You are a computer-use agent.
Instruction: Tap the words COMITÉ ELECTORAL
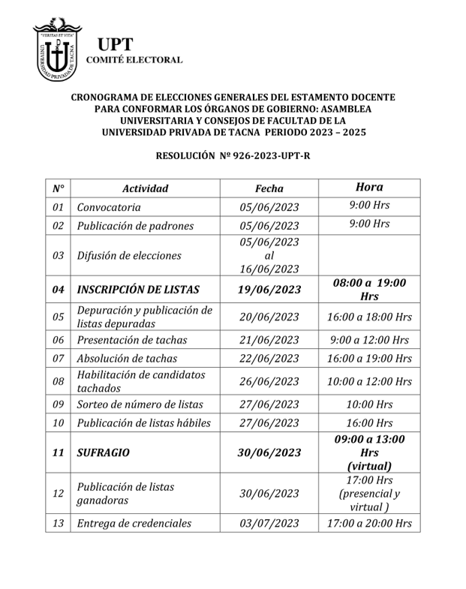coord(135,59)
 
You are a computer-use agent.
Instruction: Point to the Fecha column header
coord(269,189)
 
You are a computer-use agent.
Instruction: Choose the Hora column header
coord(369,188)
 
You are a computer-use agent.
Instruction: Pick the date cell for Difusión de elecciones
coord(269,255)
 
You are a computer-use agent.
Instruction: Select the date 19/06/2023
coord(269,290)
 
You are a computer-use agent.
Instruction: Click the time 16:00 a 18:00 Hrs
coord(369,317)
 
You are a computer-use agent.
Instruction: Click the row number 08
coord(58,381)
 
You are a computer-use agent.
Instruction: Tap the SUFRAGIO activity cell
coord(103,452)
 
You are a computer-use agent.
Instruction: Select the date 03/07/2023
coord(269,523)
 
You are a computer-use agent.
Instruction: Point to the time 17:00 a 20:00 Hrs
coord(369,523)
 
